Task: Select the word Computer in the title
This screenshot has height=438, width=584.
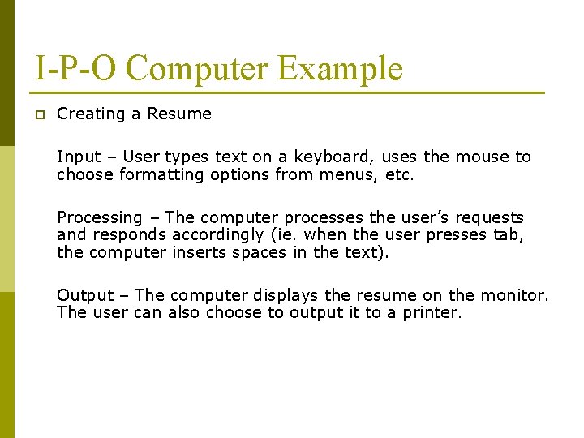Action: (197, 68)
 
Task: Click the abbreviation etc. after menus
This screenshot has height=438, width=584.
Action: (400, 174)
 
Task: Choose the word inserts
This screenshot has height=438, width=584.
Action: (200, 252)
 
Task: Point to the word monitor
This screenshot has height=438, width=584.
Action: (513, 295)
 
